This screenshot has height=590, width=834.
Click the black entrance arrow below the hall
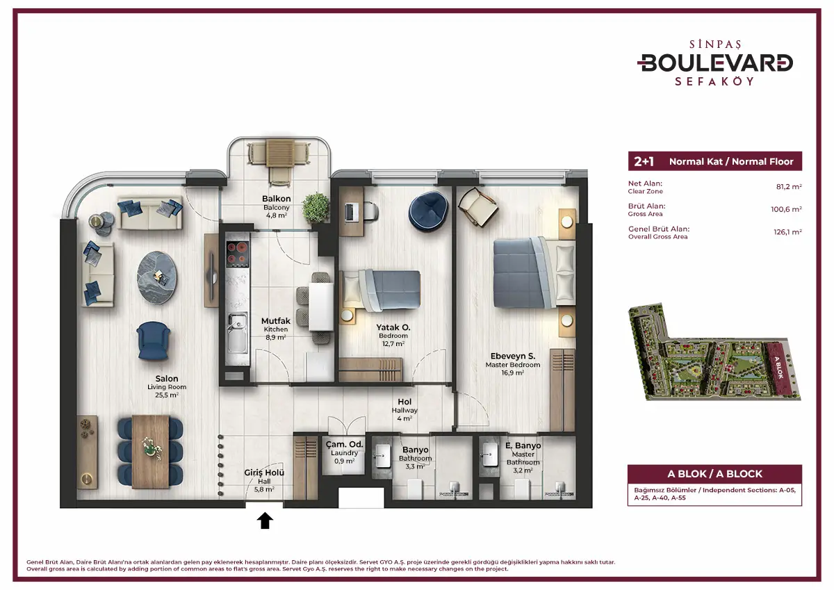265,521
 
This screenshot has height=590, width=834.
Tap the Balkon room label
277,198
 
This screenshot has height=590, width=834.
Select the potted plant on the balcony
316,208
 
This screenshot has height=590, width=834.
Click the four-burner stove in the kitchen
238,254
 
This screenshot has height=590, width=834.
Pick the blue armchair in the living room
153,341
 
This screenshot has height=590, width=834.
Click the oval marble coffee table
157,278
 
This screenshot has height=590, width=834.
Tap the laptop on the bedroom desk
350,213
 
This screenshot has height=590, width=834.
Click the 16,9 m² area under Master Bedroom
513,372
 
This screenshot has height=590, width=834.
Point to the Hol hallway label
404,402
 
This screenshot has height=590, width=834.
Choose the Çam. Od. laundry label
344,445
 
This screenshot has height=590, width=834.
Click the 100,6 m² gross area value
786,209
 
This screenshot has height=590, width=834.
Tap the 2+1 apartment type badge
644,161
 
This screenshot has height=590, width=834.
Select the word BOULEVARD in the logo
715,63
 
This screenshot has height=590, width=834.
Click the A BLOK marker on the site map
778,368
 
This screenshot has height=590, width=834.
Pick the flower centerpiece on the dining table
151,448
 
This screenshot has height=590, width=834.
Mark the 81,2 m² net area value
789,186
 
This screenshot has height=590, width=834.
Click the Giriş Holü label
264,473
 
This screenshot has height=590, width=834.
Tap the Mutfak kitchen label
275,320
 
